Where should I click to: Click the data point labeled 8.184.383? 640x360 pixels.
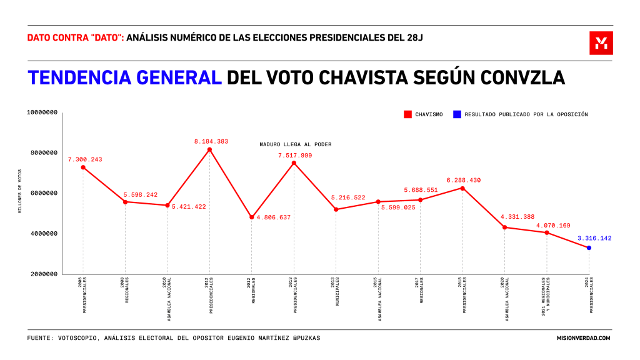209,149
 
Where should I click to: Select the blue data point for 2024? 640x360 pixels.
589,248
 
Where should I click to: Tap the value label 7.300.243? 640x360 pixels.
85,159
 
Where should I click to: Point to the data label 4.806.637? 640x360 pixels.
274,217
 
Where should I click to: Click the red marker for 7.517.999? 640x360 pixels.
294,163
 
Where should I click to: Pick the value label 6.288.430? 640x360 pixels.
463,180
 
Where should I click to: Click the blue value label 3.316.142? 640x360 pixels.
594,238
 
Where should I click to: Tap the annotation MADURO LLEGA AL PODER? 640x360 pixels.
296,144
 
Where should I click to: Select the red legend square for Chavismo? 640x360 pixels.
407,114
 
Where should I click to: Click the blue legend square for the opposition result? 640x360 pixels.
457,114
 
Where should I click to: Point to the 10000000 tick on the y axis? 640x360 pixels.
42,112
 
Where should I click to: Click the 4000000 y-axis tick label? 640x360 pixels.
42,234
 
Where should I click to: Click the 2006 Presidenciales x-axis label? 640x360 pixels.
83,293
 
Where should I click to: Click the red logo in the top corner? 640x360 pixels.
601,43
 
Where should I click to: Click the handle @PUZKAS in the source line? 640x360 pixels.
303,338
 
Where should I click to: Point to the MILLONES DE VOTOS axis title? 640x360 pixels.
21,191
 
